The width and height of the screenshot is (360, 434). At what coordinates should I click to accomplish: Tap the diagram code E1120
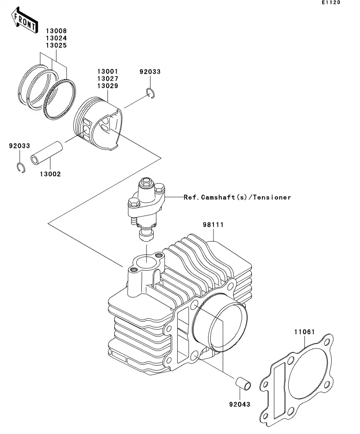(x=330, y=3)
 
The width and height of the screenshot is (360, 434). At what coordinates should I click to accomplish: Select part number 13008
(x=57, y=31)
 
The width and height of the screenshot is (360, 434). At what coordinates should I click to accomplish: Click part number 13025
(x=57, y=45)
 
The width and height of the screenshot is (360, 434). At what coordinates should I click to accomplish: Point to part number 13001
(x=108, y=72)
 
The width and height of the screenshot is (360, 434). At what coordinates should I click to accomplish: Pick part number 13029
(x=108, y=86)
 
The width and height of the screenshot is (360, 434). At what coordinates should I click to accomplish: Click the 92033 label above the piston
(x=150, y=72)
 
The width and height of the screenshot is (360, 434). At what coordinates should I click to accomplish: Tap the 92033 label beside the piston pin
(x=20, y=146)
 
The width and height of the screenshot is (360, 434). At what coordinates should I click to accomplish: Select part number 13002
(x=50, y=174)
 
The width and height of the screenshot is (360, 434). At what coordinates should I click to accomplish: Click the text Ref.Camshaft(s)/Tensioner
(x=237, y=197)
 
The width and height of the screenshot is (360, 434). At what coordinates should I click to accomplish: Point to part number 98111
(x=213, y=225)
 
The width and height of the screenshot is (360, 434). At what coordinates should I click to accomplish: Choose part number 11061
(x=304, y=332)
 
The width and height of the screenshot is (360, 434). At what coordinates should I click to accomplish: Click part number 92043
(x=239, y=404)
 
